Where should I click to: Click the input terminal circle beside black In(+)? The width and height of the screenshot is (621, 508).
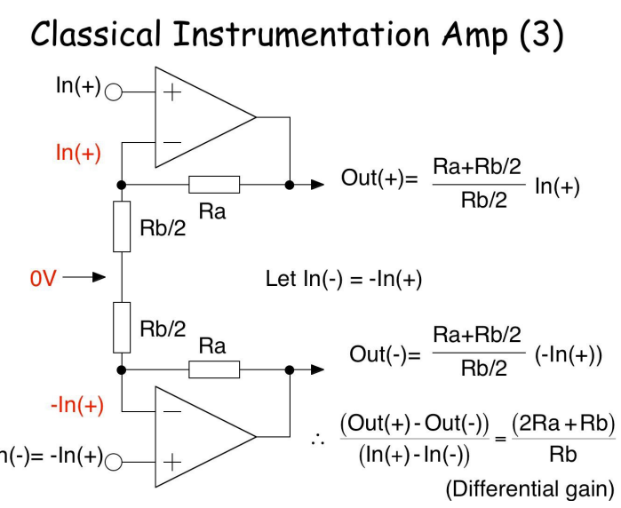pos(114,91)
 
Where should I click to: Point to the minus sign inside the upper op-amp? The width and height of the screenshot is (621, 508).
pos(171,140)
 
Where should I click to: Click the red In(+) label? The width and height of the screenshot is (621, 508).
pos(78,153)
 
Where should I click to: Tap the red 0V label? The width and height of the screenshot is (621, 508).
pos(44,278)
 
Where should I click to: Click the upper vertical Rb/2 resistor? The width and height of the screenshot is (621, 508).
pos(122,226)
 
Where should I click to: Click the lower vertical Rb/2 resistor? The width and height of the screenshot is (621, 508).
pos(122,327)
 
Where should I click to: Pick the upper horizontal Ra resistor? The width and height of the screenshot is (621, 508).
pos(213,185)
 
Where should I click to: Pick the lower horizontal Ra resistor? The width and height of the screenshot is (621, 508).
pos(213,369)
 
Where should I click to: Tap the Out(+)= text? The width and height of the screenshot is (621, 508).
pos(378,178)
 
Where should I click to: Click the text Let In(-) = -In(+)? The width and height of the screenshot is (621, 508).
pos(343,279)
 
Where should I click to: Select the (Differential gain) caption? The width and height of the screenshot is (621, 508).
pos(529,488)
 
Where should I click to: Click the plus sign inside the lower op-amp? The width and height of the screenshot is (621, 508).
pos(171,461)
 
